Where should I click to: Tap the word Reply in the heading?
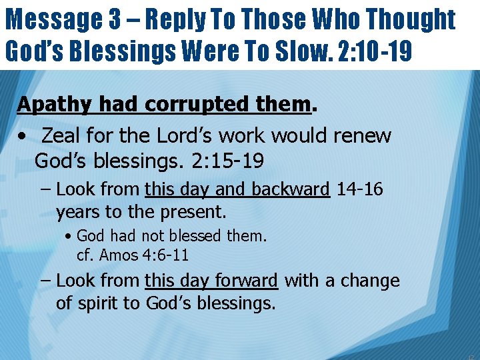176,20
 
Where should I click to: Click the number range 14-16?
359,189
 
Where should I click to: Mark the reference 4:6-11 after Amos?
165,255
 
